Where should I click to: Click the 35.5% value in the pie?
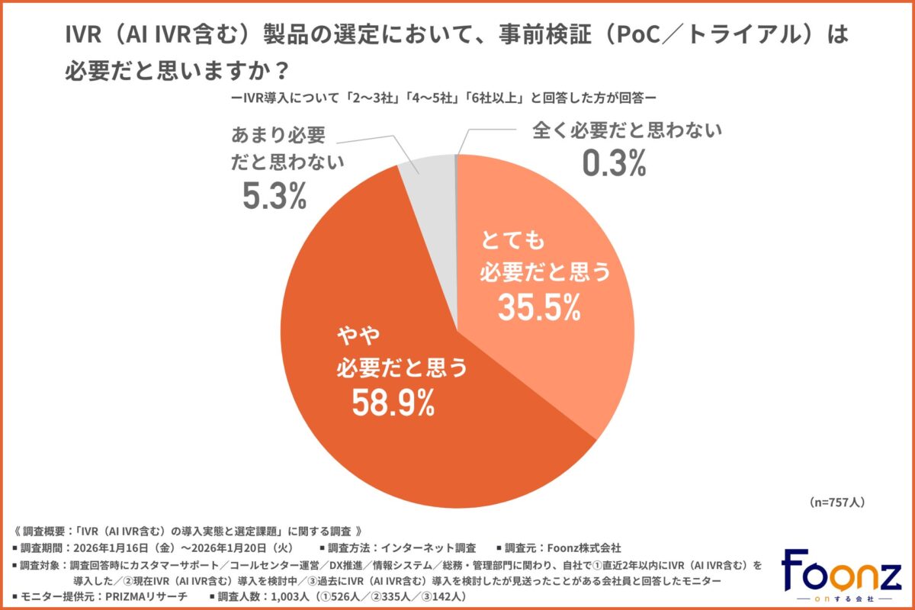click(540, 307)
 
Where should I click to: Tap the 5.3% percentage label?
click(274, 197)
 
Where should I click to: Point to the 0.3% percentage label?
click(614, 164)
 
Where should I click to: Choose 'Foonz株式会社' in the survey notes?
click(584, 547)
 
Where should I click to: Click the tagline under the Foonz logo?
click(841, 597)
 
